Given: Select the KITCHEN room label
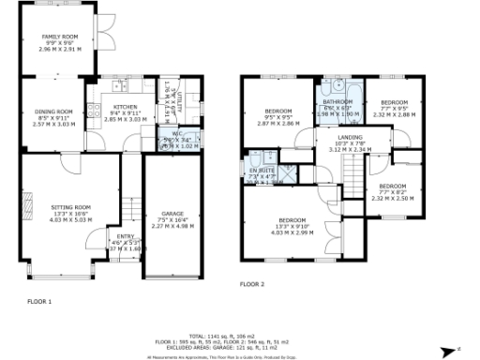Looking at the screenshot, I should click(125, 107).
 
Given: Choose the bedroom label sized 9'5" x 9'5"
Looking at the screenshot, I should click(278, 112).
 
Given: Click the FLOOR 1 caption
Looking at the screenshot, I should click(38, 301).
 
